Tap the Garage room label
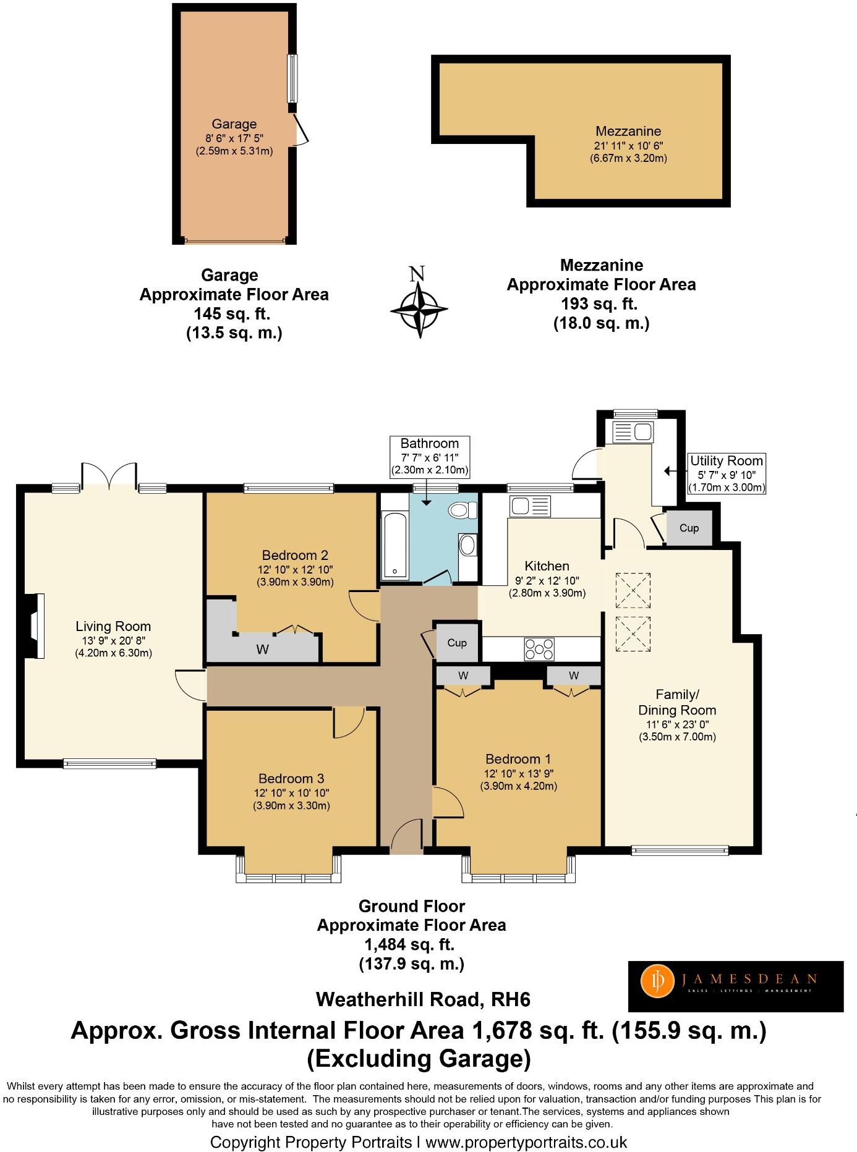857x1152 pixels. pos(234,124)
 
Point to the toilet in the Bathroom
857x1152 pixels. pos(463,510)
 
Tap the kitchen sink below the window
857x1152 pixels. pos(530,506)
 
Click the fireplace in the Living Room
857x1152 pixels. pos(35,627)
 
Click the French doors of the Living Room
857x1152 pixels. pos(109,475)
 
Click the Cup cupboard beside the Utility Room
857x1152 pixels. pos(689,528)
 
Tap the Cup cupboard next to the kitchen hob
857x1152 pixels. pos(457,643)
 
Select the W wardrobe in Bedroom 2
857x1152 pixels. pos(263,649)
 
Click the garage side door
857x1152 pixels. pos(300,129)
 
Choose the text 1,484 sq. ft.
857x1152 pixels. pos(411,944)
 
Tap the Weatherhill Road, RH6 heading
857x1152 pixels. pos(423,999)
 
